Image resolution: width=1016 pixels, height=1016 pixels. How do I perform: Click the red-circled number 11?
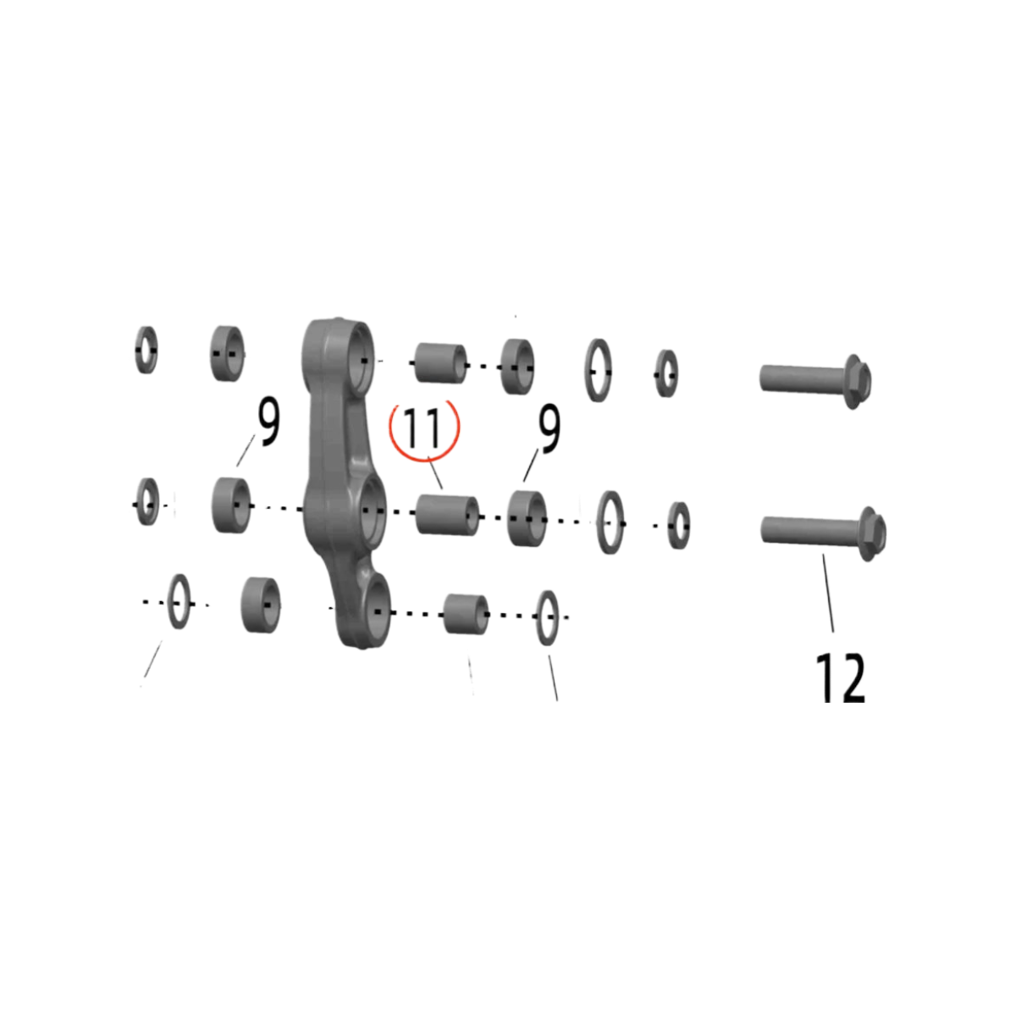click(x=423, y=429)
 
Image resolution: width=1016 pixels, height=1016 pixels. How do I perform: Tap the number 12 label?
click(x=841, y=677)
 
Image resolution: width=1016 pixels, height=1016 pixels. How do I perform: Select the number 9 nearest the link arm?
click(x=268, y=422)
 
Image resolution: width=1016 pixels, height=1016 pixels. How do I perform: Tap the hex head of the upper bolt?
click(x=858, y=381)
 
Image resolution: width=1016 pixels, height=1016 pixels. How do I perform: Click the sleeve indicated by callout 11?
click(x=448, y=515)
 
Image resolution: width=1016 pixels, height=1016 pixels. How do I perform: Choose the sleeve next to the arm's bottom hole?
click(x=466, y=614)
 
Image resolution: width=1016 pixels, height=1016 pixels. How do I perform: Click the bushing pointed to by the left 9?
click(x=231, y=505)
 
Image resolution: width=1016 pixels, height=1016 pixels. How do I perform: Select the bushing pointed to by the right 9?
click(x=526, y=518)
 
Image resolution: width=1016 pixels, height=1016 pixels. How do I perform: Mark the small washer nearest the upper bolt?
click(x=667, y=374)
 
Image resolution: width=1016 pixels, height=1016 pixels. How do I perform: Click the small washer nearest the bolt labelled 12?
click(x=678, y=526)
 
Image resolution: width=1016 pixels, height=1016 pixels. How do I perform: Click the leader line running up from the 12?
click(x=828, y=593)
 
